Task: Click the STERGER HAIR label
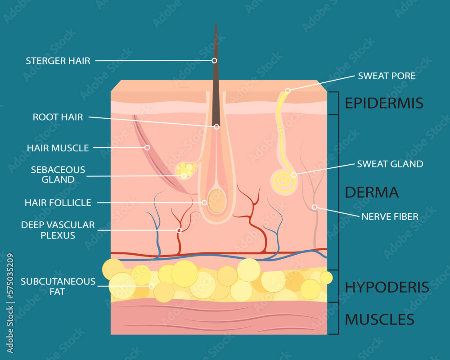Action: point(58,61)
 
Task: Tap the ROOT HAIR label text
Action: point(58,117)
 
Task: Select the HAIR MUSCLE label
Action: point(58,148)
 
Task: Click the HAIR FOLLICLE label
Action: point(58,203)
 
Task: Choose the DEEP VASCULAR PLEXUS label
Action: point(58,229)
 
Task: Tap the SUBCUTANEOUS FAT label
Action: point(58,287)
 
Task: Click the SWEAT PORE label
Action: point(387,76)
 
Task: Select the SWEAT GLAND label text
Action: point(390,164)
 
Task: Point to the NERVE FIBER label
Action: point(390,216)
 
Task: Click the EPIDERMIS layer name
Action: point(384,103)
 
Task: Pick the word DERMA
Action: point(372,192)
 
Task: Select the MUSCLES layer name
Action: point(379,319)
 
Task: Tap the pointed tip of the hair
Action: point(216,23)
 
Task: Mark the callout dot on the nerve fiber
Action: point(315,207)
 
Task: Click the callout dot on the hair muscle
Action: point(147,147)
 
